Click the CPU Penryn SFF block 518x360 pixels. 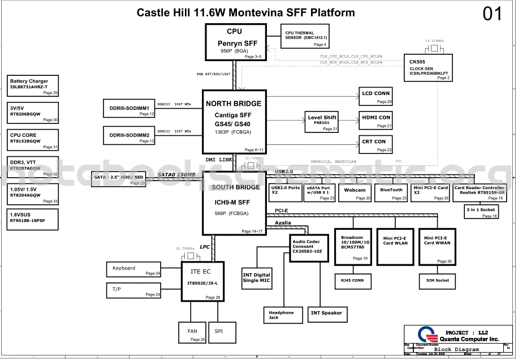234,42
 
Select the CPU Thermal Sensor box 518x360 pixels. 304,38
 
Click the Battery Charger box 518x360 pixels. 33,85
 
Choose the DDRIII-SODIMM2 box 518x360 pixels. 129,136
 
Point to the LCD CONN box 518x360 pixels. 375,96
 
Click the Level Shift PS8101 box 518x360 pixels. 322,122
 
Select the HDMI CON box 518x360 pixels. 375,121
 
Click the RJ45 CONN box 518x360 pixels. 352,281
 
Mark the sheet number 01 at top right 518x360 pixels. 492,15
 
